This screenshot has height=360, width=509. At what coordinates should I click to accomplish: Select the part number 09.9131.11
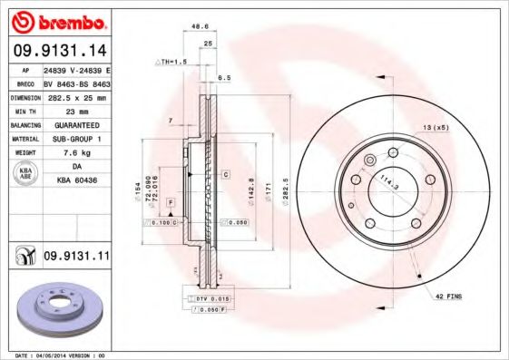click(77, 258)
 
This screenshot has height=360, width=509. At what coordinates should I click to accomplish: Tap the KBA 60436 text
click(77, 181)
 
